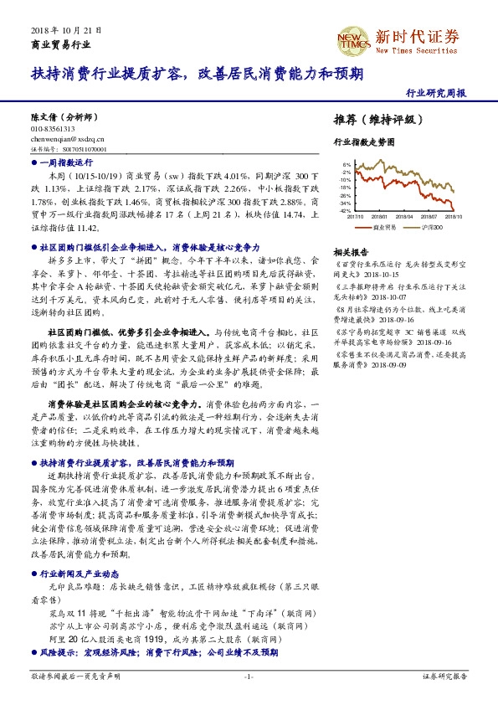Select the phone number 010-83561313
point(53,129)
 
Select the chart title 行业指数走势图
point(362,143)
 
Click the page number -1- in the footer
point(249,675)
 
